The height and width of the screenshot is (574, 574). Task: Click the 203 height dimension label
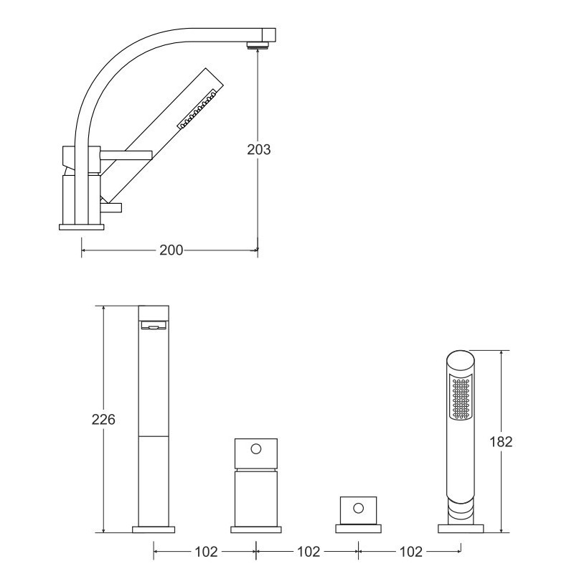[259, 149]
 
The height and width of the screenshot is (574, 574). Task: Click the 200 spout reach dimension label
[171, 250]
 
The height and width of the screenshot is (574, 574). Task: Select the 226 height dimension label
[103, 420]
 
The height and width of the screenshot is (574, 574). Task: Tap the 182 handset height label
[501, 442]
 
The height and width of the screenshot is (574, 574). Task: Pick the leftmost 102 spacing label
[206, 552]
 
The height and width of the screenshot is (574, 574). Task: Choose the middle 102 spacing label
[309, 552]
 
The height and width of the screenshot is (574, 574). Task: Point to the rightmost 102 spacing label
[410, 552]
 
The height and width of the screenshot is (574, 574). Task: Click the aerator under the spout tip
[258, 45]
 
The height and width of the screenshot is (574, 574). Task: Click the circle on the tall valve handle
[256, 449]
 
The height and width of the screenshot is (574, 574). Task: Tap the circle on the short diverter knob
[358, 508]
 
